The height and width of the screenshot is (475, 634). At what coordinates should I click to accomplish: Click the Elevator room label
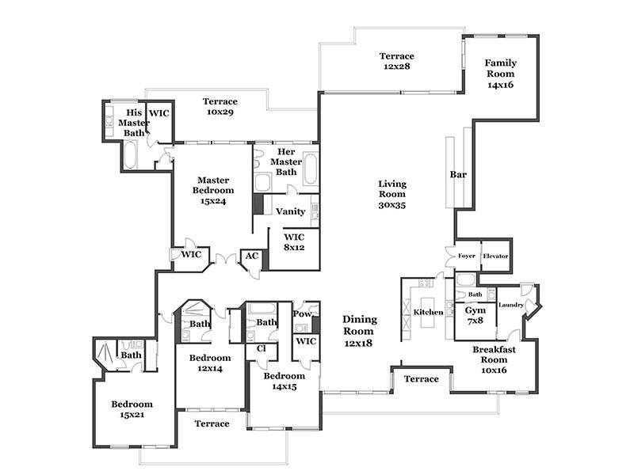click(495, 256)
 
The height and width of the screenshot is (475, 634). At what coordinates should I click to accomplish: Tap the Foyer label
click(466, 256)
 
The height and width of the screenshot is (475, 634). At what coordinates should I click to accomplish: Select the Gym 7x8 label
click(475, 315)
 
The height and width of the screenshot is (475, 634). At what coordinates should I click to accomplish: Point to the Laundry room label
click(511, 305)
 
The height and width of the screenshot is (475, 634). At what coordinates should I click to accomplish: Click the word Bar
click(458, 174)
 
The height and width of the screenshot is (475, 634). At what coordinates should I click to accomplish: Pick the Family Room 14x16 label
click(501, 74)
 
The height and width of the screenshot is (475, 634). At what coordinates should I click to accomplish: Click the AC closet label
click(251, 256)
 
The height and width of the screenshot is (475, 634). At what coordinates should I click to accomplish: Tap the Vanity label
click(290, 211)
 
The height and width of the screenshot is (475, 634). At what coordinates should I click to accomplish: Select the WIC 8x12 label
click(294, 242)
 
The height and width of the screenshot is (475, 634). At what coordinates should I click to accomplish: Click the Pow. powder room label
click(303, 313)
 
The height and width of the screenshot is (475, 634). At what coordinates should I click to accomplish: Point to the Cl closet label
click(262, 348)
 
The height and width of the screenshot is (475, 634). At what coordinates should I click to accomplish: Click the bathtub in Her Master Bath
click(311, 169)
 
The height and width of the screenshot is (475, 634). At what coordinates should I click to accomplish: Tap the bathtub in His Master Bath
click(131, 155)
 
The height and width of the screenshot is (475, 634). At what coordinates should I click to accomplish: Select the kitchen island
click(428, 312)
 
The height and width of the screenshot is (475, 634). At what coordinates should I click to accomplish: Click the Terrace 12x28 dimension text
click(396, 66)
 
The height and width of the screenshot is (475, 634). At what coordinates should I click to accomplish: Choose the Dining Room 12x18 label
click(360, 331)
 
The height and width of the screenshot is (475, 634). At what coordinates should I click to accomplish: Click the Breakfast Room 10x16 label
click(494, 359)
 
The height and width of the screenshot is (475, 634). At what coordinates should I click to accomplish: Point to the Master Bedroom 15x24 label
click(213, 190)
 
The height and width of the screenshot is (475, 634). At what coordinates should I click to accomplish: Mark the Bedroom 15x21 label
click(132, 409)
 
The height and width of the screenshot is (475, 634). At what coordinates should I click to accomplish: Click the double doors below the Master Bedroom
click(225, 260)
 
